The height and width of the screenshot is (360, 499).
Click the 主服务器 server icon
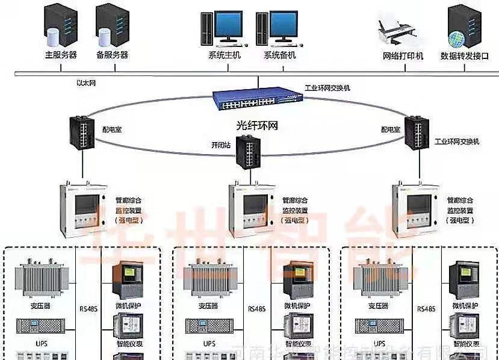60,25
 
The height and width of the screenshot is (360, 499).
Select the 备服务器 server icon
112,25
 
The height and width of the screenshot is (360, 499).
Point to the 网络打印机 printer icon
398,30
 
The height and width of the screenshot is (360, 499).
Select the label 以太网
87,82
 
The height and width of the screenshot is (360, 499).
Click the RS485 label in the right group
426,309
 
